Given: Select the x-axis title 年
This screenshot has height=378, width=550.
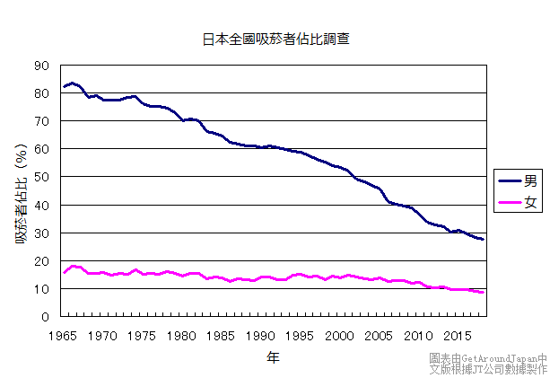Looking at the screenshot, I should (x=272, y=357).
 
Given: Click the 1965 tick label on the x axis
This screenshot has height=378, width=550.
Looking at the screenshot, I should (x=63, y=335).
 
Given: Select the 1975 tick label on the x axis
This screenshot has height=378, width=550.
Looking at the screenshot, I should (x=142, y=335).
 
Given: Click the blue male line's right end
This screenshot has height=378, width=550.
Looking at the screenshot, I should (x=484, y=240).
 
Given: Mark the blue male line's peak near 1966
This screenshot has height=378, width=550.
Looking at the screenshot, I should (x=73, y=83).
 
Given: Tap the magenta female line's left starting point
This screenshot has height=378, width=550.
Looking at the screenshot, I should (x=64, y=272).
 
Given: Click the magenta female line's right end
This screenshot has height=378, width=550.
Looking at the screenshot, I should (x=484, y=293).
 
